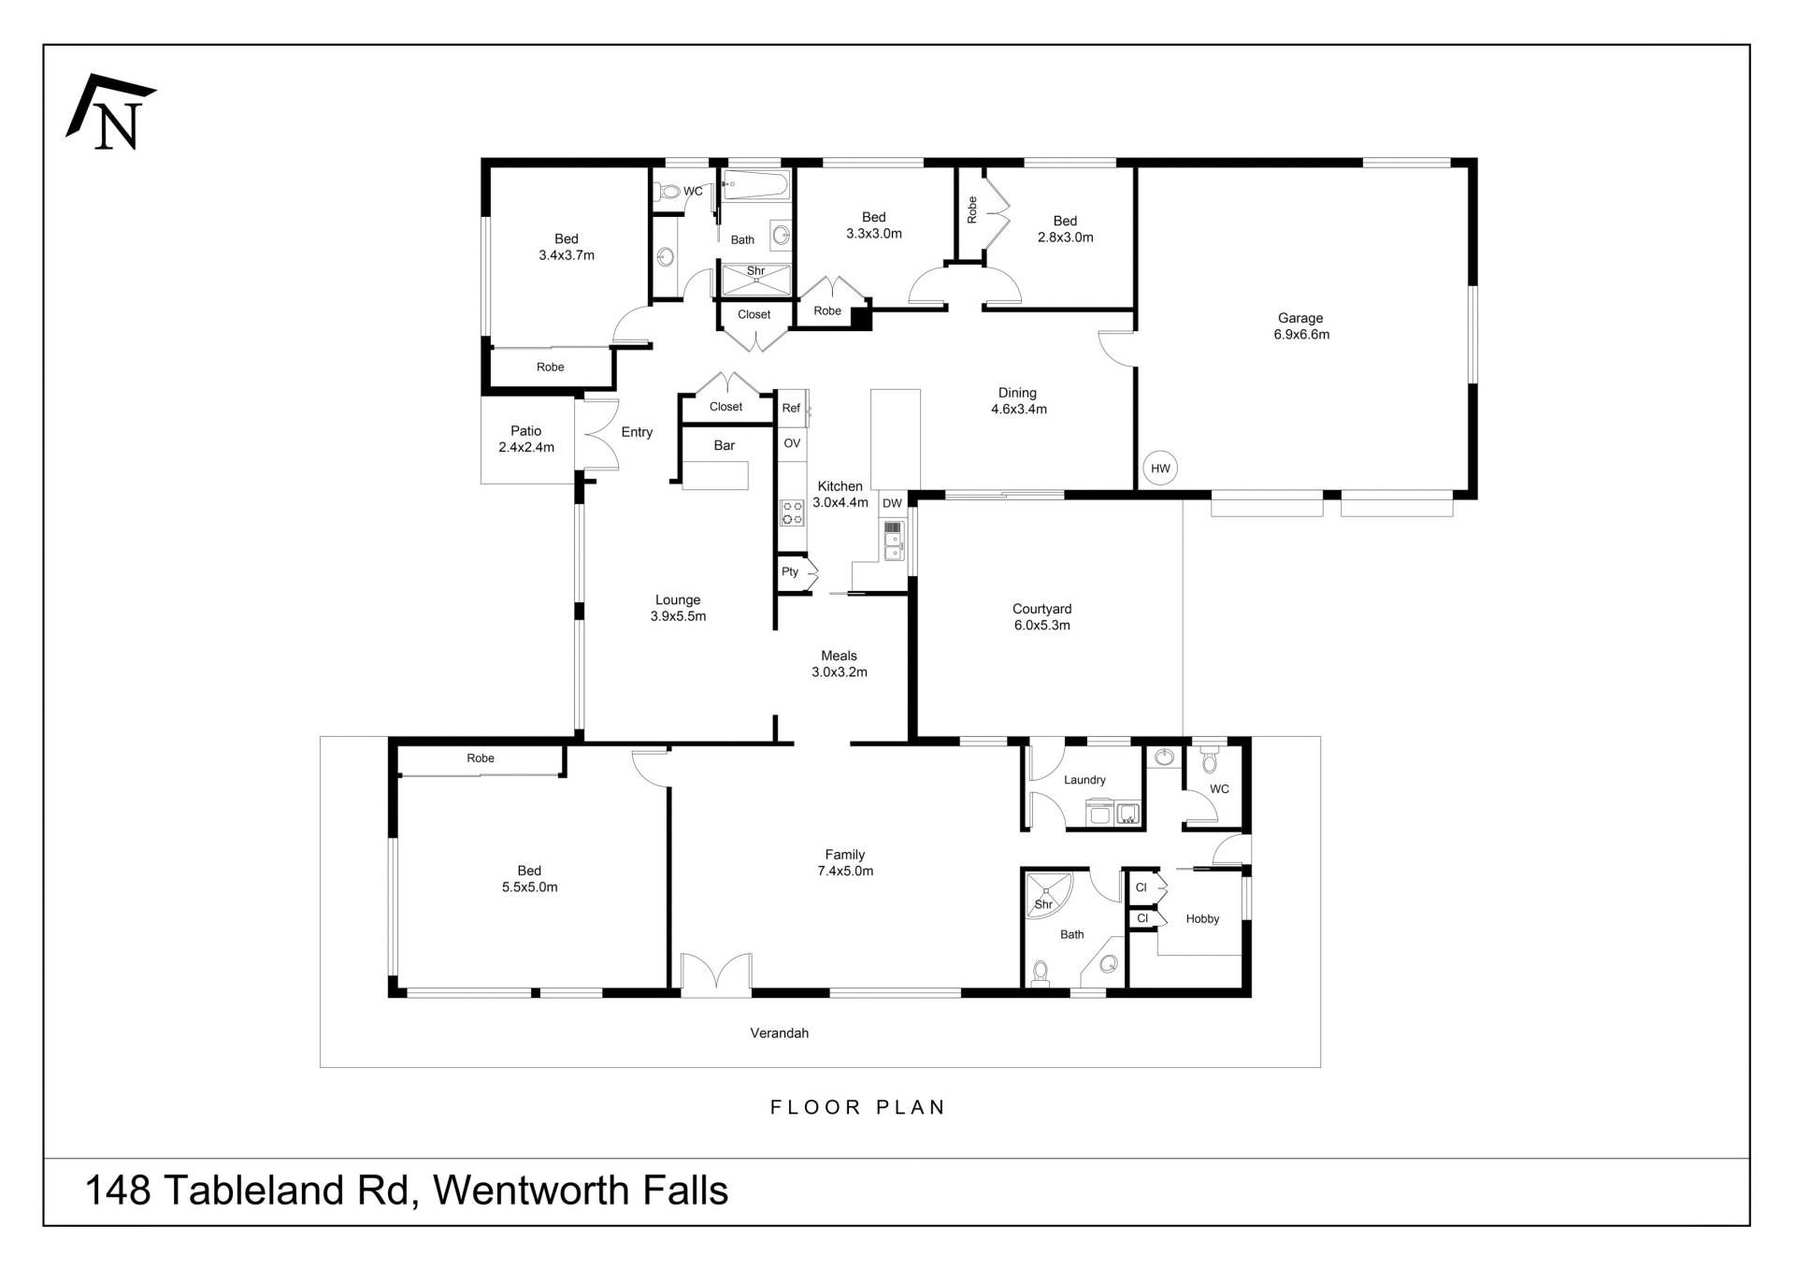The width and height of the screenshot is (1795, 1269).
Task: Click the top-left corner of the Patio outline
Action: pos(481,397)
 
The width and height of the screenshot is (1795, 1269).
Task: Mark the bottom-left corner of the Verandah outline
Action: pos(321,1066)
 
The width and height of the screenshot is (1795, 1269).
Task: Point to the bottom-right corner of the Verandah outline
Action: pos(1320,1066)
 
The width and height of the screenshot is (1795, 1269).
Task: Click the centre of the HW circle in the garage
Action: pos(1160,469)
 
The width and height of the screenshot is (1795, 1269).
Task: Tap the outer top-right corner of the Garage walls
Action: pos(1477,159)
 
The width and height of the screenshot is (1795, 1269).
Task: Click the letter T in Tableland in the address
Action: pos(174,1190)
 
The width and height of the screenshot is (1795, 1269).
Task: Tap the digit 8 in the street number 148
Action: pos(138,1190)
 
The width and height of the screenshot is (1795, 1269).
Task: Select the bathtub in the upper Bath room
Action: pos(756,184)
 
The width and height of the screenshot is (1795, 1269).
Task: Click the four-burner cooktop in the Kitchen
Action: pos(792,512)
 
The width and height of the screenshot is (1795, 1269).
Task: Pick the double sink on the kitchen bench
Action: pos(894,541)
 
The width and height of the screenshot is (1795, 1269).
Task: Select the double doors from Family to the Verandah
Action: pos(716,973)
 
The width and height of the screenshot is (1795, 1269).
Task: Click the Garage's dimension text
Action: pos(1301,335)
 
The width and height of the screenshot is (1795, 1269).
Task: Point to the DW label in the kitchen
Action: pos(893,503)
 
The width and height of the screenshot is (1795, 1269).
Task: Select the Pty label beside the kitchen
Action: pos(790,571)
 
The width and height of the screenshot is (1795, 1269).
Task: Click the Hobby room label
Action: pos(1202,919)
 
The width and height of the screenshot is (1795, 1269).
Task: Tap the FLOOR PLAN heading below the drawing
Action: pos(858,1107)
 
